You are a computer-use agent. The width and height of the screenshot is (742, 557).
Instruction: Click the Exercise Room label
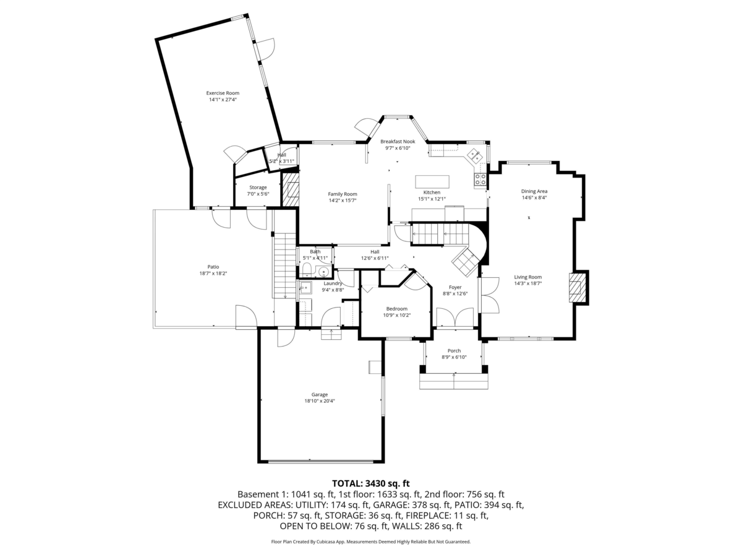click(x=223, y=93)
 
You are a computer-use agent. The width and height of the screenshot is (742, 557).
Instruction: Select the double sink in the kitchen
click(x=475, y=155)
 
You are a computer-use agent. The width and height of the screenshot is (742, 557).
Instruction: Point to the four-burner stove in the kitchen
click(x=480, y=179)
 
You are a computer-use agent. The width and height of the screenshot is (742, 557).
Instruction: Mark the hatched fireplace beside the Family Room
click(x=290, y=189)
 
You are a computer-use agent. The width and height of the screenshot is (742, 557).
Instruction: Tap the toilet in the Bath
click(x=306, y=269)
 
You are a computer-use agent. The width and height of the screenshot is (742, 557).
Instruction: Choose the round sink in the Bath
click(x=325, y=271)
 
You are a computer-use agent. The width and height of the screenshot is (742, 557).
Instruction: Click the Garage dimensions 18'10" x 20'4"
click(x=320, y=401)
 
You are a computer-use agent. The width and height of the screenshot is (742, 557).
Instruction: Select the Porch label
click(x=454, y=351)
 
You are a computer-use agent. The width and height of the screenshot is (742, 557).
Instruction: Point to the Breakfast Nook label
click(x=398, y=141)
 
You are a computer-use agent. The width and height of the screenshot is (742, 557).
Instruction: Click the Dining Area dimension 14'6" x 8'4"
click(x=534, y=198)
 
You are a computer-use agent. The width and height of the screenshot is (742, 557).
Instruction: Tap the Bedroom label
click(x=397, y=309)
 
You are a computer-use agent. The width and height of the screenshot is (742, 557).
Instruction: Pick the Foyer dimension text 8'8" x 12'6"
click(x=455, y=294)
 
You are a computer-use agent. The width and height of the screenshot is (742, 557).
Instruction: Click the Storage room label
click(x=258, y=188)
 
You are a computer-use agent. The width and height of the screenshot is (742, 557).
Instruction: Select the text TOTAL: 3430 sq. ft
click(x=371, y=483)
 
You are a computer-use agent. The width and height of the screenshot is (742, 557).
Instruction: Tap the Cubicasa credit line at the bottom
click(x=371, y=542)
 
